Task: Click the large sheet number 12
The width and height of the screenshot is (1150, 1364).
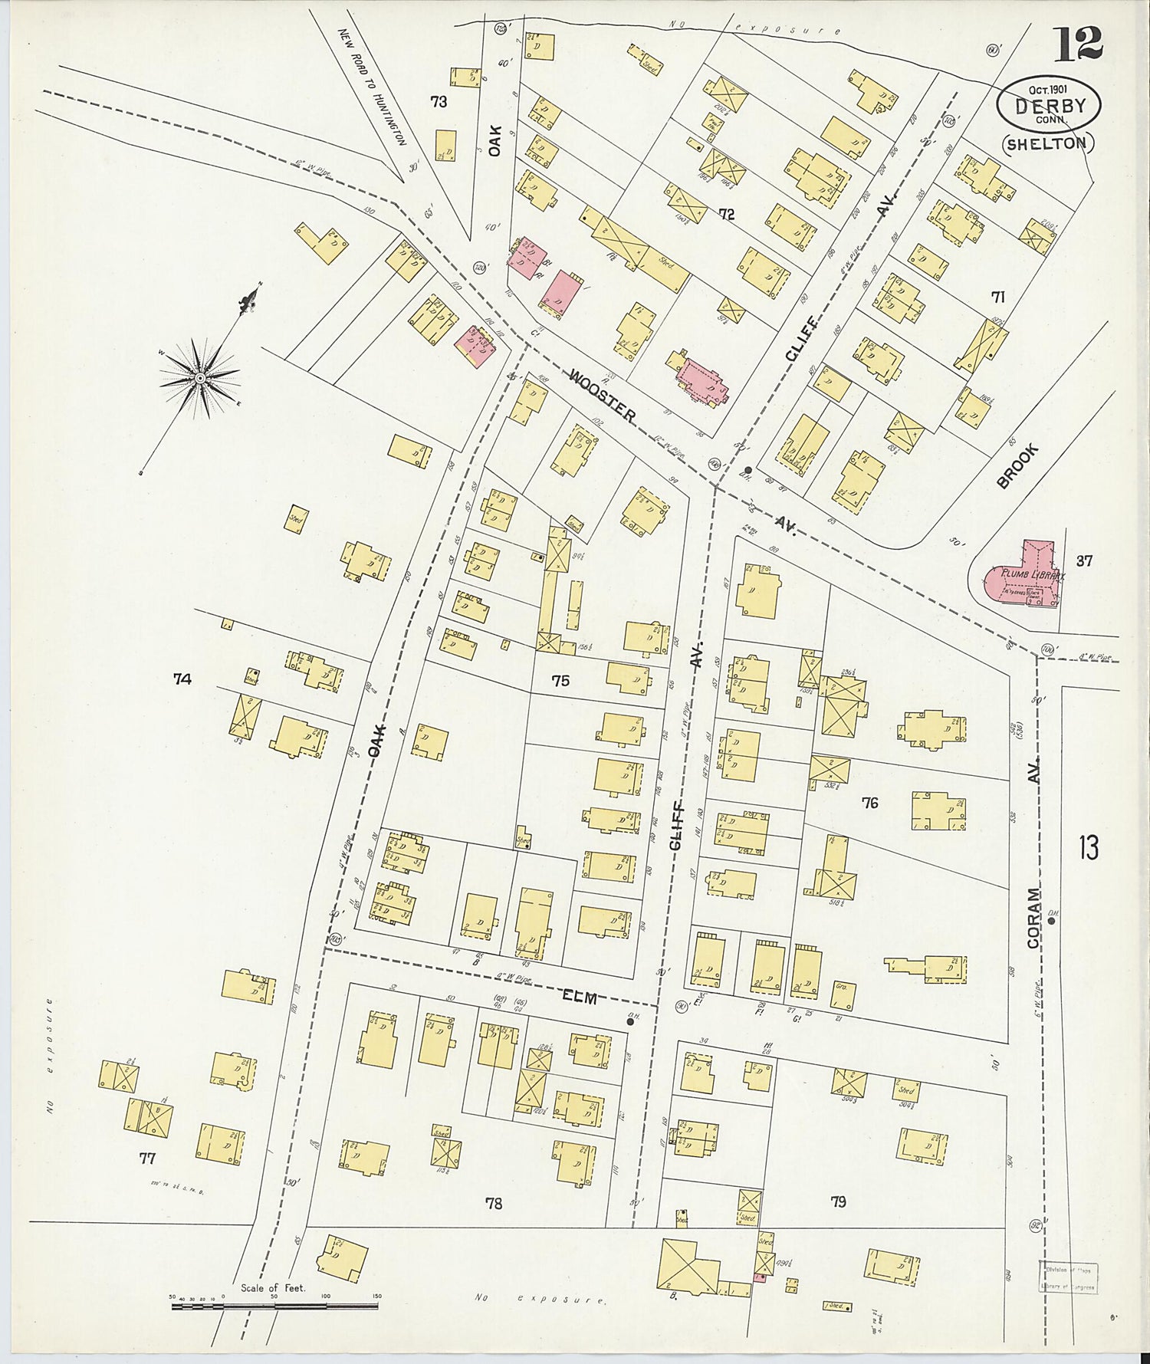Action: click(x=1077, y=44)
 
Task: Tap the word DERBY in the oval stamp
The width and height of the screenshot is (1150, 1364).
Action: click(x=1050, y=106)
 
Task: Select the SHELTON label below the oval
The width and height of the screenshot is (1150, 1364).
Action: click(x=1047, y=143)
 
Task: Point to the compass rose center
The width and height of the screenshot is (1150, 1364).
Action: click(x=199, y=377)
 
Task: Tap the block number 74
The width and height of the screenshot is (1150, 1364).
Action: click(x=182, y=679)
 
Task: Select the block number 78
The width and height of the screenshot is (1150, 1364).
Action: click(x=494, y=1203)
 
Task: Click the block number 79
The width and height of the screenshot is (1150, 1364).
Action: click(x=838, y=1201)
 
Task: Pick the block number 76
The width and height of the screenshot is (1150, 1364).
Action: click(x=869, y=803)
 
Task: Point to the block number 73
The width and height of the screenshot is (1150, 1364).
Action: click(x=439, y=101)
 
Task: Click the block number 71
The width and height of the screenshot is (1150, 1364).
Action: click(x=997, y=297)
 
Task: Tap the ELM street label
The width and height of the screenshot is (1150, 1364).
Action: click(x=580, y=997)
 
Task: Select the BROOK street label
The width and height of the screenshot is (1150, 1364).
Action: click(x=1017, y=465)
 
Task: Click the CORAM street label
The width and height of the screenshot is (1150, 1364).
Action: click(x=1034, y=918)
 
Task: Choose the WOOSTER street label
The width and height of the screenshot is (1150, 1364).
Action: click(x=603, y=396)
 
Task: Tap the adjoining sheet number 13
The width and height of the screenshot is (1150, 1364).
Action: click(x=1089, y=848)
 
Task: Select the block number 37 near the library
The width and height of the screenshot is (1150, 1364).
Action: click(x=1083, y=560)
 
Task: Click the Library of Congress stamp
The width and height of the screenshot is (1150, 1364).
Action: click(x=1068, y=1277)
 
